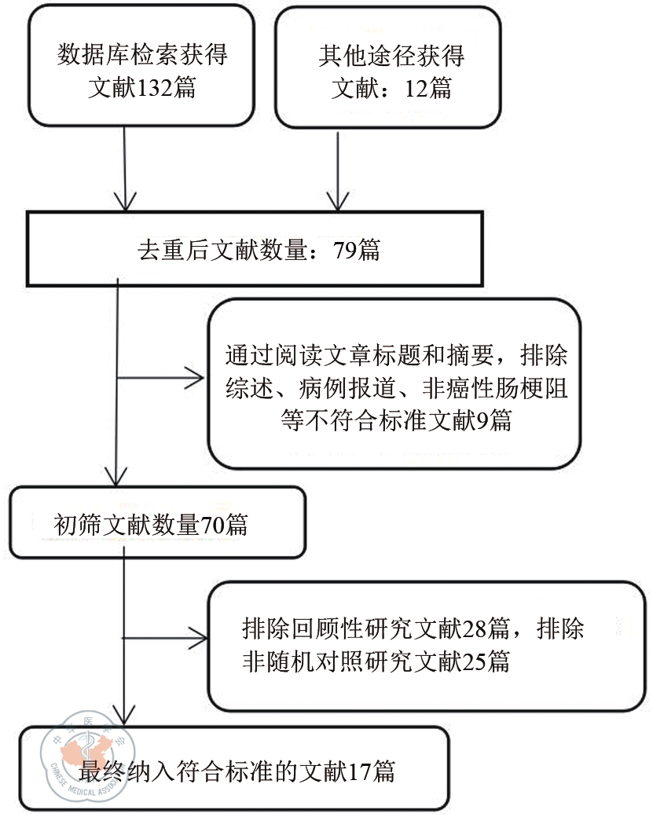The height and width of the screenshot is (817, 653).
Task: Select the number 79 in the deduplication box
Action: click(344, 251)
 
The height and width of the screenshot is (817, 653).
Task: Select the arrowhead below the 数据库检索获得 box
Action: click(125, 200)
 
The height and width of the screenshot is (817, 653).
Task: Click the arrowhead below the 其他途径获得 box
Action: click(338, 200)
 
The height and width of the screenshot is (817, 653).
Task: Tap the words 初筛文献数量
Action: click(126, 524)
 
